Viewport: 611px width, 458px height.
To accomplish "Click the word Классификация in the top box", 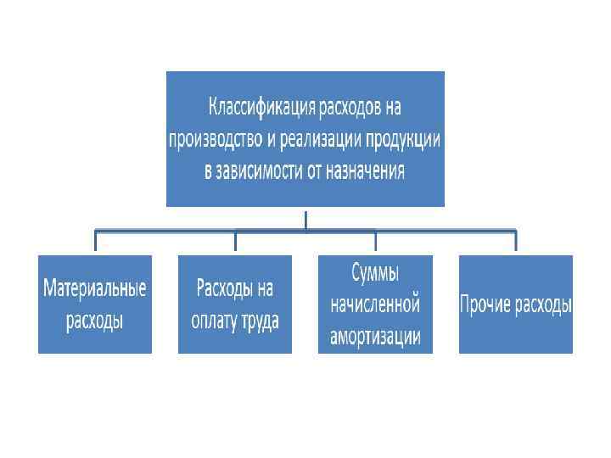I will [262, 109].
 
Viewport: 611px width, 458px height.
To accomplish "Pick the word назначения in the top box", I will [366, 171].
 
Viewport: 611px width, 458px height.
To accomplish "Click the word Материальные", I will [94, 288].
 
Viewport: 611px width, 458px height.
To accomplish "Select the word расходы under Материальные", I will [94, 321].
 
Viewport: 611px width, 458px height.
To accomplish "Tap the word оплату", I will [215, 321].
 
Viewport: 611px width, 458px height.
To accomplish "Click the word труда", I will [261, 321].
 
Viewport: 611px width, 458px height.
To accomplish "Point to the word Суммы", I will [374, 273].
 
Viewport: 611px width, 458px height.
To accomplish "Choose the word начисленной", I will [374, 304].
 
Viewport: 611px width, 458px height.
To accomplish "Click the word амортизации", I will [374, 336].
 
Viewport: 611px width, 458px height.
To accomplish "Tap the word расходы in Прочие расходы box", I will [543, 304].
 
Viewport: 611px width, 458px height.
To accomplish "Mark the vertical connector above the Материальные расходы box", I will [95, 242].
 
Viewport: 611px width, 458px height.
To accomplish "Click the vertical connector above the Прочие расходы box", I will [515, 242].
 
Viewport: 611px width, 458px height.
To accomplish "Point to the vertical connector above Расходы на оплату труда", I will [235, 242].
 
